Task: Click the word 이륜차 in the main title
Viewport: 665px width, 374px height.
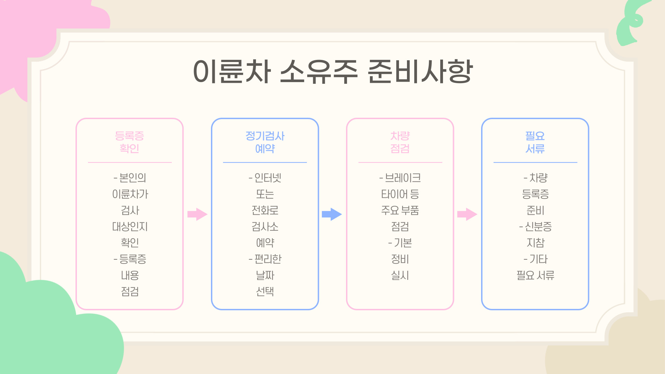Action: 231,71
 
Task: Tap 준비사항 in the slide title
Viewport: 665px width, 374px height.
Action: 420,71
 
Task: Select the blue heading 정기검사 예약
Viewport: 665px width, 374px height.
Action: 265,142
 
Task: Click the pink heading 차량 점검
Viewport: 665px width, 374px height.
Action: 400,142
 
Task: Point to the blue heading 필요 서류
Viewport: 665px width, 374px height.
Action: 535,142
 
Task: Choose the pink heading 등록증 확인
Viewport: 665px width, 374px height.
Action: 130,142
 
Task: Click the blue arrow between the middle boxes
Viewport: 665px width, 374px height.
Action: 332,214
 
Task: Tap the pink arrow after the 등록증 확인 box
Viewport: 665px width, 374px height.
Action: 197,214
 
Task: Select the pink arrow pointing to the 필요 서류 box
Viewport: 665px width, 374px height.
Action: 467,214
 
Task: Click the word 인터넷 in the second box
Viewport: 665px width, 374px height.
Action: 268,178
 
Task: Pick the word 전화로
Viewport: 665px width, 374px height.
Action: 265,210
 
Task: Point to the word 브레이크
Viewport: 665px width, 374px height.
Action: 403,178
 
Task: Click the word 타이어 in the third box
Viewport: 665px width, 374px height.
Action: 394,194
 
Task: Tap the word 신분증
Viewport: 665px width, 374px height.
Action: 538,226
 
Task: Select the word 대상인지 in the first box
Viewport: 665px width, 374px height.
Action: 130,226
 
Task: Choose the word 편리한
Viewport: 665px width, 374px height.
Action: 268,259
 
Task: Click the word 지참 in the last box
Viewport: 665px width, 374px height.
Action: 535,243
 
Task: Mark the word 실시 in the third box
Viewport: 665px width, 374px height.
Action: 400,275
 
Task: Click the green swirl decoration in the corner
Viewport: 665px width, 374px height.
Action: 632,23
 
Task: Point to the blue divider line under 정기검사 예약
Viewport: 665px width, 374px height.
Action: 265,162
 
